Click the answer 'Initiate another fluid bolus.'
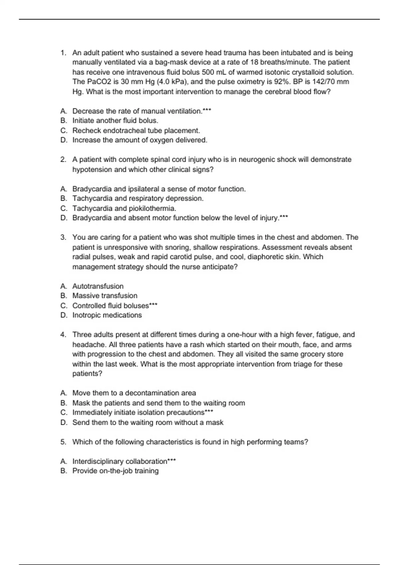115,121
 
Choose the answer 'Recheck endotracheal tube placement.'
136,130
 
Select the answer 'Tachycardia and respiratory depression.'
138,198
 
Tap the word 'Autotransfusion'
98,286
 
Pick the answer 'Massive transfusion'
105,296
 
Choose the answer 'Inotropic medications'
107,315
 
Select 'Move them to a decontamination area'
134,393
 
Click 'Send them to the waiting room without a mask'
148,422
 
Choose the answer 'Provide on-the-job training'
115,471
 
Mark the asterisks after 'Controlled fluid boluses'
153,305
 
